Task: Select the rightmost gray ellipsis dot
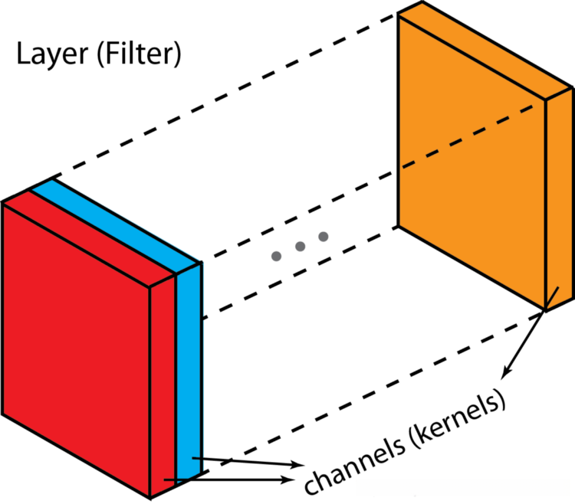[x=323, y=236]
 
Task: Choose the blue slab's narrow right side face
[x=189, y=368]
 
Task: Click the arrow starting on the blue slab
[x=245, y=462]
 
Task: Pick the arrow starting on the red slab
[x=230, y=480]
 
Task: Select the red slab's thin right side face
[x=164, y=383]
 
